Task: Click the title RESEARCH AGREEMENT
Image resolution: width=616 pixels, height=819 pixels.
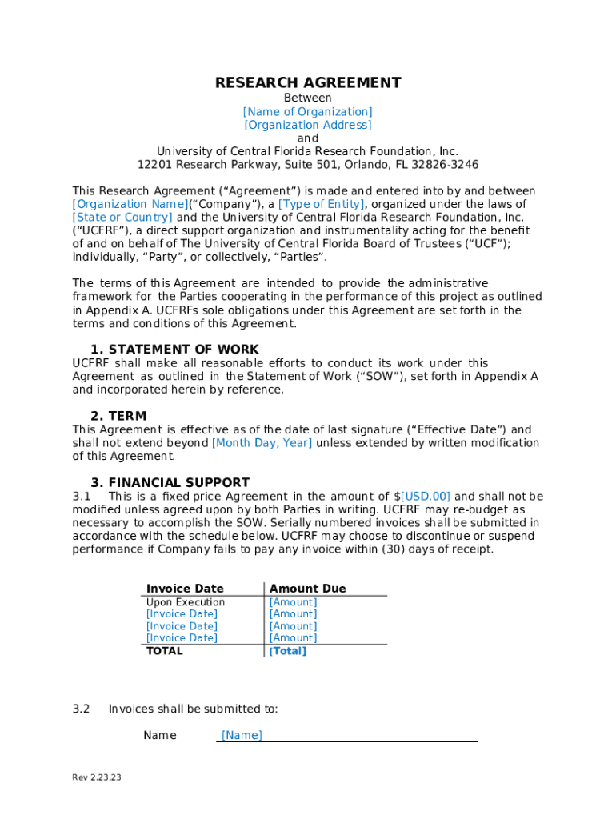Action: tap(308, 83)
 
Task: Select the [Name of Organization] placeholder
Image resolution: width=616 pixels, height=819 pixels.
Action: tap(308, 112)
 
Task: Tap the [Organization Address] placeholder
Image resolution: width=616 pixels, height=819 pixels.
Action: tap(308, 125)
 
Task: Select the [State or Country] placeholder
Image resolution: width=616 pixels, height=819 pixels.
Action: tap(122, 218)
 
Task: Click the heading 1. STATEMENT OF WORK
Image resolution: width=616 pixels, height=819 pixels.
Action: tap(174, 350)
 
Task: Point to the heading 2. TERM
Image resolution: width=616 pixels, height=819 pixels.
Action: tap(118, 416)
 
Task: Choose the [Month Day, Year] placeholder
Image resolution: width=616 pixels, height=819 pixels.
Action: tap(262, 443)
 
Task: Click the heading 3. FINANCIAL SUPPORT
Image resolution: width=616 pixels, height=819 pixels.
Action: tap(170, 482)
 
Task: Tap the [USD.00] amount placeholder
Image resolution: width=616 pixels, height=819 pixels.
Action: tap(426, 497)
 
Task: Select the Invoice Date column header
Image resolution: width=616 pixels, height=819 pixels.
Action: tap(185, 589)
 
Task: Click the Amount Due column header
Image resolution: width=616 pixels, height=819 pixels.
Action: tap(308, 589)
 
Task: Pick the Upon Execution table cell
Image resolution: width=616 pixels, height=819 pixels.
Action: tap(186, 602)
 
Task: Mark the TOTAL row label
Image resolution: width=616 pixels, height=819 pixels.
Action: tap(165, 651)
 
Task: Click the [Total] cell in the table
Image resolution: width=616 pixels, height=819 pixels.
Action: tap(288, 651)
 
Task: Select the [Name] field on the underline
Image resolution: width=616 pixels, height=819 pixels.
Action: tap(242, 735)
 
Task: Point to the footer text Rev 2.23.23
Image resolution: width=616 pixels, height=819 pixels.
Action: tap(97, 777)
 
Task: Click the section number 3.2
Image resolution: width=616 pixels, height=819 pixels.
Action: tap(81, 709)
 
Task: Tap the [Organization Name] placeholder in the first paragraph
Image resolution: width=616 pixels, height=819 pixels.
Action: tap(130, 204)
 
